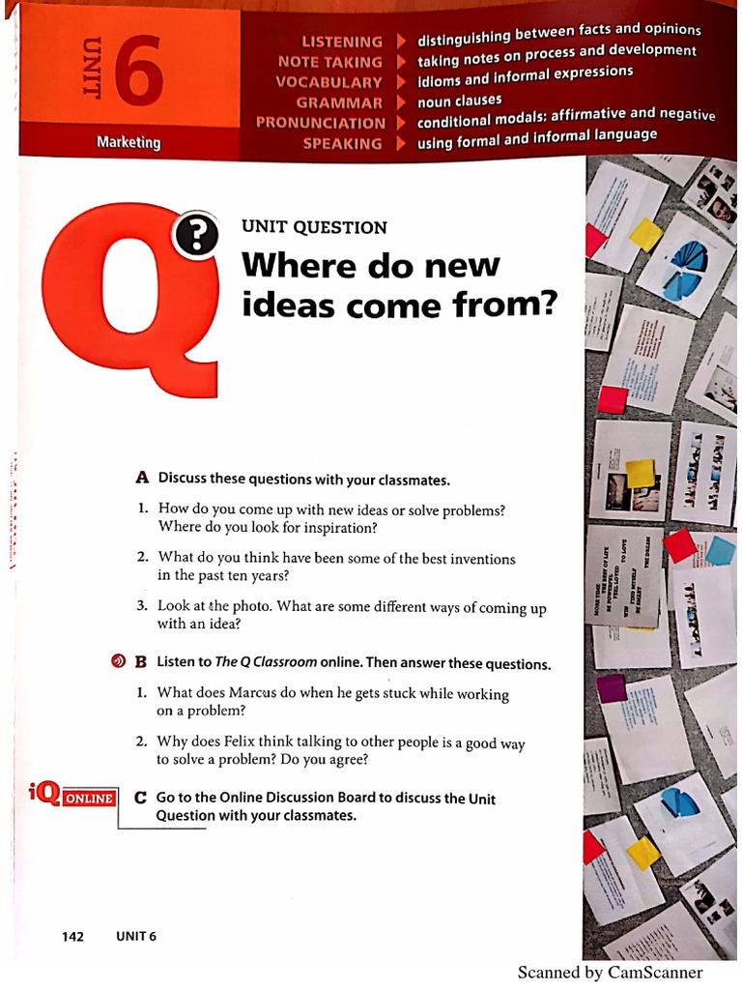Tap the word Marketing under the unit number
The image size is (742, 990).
(x=128, y=142)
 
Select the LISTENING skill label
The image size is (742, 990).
(x=342, y=42)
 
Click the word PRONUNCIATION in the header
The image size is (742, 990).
(x=320, y=123)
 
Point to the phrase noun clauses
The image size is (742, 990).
(x=460, y=102)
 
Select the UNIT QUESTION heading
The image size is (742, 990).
(x=314, y=227)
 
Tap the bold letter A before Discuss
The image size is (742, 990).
(x=142, y=478)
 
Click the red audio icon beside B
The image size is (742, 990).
(x=117, y=662)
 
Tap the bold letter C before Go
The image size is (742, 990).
(x=141, y=799)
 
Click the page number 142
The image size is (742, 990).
(x=72, y=936)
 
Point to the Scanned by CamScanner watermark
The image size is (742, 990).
(x=610, y=973)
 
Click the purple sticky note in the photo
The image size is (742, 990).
(x=611, y=687)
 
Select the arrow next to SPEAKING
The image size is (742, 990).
(x=400, y=143)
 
